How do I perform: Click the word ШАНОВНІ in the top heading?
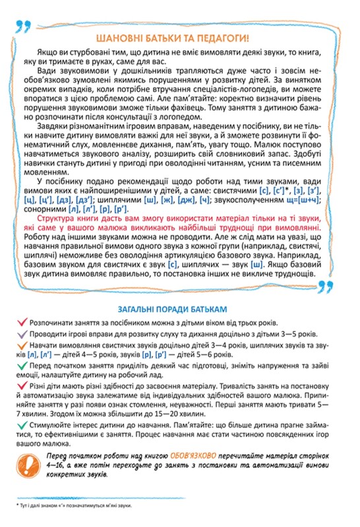[121, 37]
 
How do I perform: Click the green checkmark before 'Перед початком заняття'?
[23, 369]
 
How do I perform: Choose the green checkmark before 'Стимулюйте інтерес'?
[23, 429]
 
